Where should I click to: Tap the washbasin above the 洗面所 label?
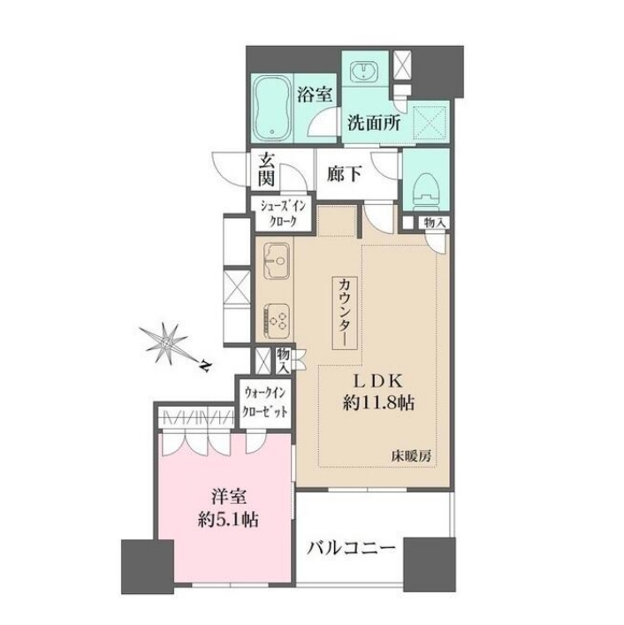point(364,72)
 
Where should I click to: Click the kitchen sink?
point(276,261)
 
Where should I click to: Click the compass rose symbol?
point(167,342)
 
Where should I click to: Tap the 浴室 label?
point(314,95)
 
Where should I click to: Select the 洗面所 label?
point(374,123)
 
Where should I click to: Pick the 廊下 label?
point(344,174)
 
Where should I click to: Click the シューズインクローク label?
point(283,214)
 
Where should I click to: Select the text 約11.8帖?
point(378,403)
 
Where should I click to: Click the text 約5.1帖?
point(228,521)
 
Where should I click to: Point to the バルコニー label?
point(351,549)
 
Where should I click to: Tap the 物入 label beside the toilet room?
point(434,223)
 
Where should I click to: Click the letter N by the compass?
point(205,365)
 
